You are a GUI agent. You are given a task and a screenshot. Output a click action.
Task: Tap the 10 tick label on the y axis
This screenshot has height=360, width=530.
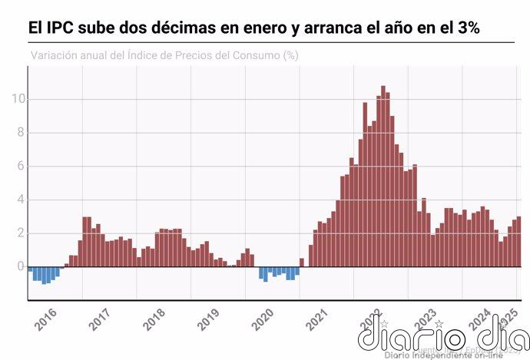(x=18, y=99)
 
